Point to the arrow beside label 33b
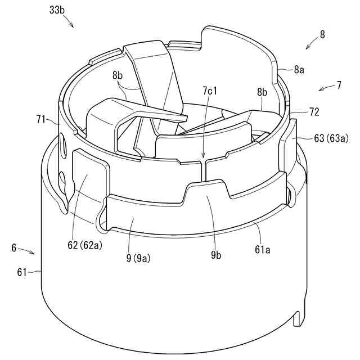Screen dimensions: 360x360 [67, 22]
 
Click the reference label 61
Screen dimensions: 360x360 [22, 273]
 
